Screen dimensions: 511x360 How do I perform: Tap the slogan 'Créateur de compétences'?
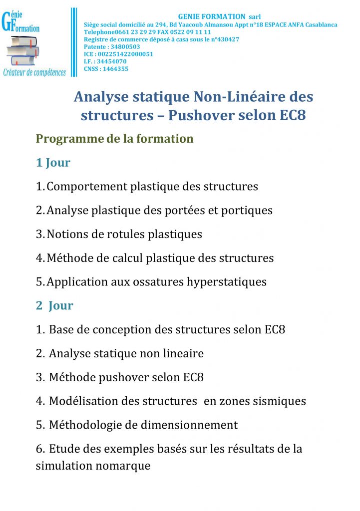[34, 73]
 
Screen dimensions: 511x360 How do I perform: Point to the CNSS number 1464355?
[115, 69]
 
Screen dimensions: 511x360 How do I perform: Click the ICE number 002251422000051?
[125, 54]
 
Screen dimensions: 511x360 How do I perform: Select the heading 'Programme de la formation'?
[114, 139]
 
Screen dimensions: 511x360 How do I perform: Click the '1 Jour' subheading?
[53, 163]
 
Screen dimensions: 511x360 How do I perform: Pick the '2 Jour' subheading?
[54, 306]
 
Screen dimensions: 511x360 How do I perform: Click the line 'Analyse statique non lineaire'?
[126, 354]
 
